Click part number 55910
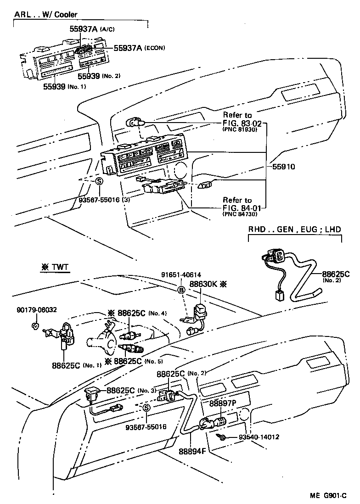pos(282,167)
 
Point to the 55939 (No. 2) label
pos(98,76)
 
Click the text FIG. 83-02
pos(243,123)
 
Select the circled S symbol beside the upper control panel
pos(98,181)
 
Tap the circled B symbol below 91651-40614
pos(181,290)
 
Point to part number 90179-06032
pos(35,309)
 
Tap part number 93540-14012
pos(259,438)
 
